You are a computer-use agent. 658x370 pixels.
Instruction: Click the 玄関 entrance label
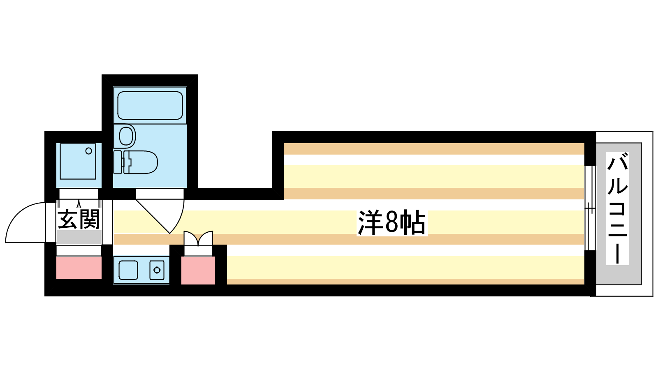[79, 220]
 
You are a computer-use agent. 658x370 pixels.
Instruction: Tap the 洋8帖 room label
[391, 222]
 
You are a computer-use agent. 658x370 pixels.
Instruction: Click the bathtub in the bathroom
[150, 105]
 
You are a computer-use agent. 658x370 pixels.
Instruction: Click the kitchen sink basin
[128, 270]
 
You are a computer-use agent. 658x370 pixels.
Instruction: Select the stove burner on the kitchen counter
[157, 270]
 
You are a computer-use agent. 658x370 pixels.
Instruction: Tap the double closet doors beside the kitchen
[198, 238]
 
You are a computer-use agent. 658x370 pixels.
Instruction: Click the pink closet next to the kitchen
[198, 270]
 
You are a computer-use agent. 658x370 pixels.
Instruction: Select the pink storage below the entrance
[79, 268]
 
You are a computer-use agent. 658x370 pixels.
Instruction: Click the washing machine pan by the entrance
[78, 161]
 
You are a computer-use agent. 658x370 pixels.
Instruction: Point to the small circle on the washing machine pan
[89, 151]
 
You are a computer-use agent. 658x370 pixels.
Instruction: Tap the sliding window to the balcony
[590, 208]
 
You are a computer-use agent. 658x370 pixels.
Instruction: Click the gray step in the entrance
[79, 238]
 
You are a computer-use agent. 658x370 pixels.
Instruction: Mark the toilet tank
[118, 162]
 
